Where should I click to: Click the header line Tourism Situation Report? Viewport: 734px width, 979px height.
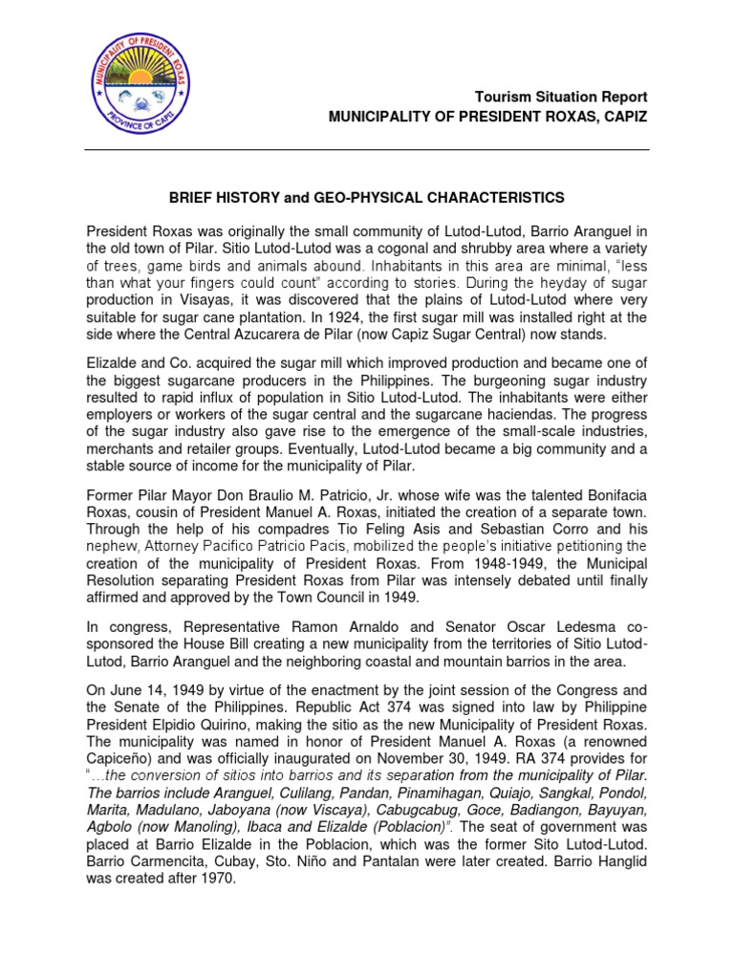pyautogui.click(x=561, y=98)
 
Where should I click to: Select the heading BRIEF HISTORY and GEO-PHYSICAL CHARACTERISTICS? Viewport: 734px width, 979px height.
pyautogui.click(x=367, y=198)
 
